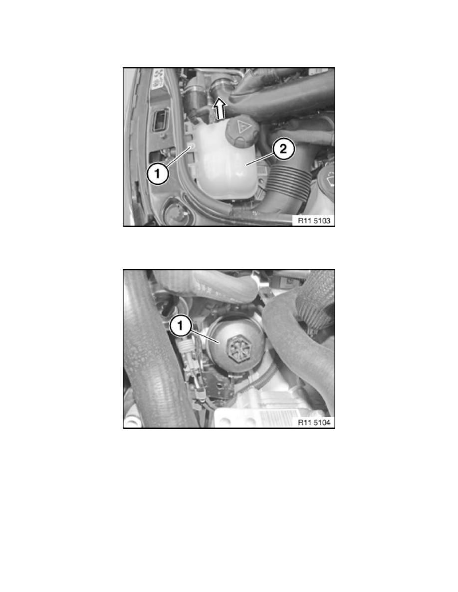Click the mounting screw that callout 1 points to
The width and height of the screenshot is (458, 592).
[x=191, y=147]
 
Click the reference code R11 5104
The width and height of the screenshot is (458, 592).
[x=313, y=422]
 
